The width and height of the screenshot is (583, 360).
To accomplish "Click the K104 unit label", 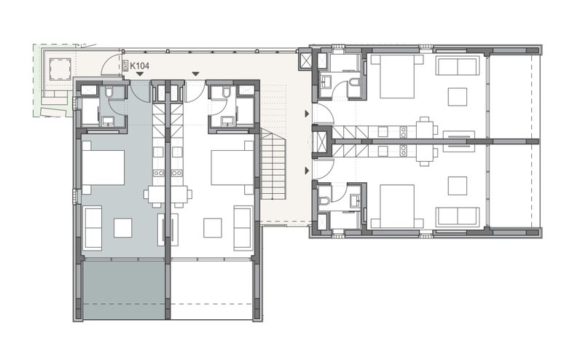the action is coord(139,66).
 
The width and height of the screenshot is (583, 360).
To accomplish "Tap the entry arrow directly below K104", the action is coord(139,74).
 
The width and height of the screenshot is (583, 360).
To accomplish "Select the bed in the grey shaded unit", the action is coord(103,168).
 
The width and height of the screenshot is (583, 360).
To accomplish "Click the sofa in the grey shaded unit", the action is coord(93,228).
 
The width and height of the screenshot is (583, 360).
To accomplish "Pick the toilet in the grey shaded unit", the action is coord(109,93).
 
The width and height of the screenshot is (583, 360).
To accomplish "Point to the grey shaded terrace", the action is coord(123,290).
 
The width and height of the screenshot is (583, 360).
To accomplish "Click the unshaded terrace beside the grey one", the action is coord(211,290).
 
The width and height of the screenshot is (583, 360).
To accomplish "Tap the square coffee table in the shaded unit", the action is coord(122,228).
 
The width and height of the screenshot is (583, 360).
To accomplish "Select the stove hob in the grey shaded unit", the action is coord(159,173).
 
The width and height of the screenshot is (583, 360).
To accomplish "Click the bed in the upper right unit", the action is coord(397,77).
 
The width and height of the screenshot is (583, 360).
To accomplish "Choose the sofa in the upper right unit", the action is coord(457,66).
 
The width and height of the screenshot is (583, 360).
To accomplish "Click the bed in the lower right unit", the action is coord(397,206).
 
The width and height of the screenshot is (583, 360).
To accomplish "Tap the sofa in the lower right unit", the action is coord(457,216).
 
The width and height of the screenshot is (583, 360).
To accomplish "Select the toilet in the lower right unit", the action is coord(324,201).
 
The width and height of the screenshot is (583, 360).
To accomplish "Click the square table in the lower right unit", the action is coord(458,186).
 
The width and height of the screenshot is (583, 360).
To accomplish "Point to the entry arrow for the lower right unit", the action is coord(307,171).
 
